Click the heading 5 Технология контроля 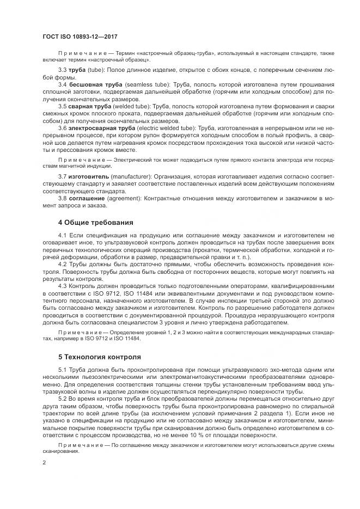coord(99,357)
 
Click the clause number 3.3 coord(62,71)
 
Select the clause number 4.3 coord(62,285)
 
